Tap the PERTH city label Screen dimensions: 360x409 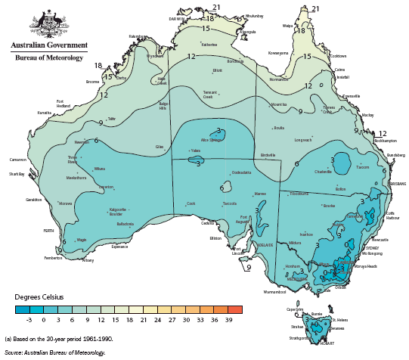pyautogui.click(x=48, y=230)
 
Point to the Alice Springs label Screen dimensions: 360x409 pyautogui.click(x=212, y=140)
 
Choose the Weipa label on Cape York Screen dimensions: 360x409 pyautogui.click(x=287, y=25)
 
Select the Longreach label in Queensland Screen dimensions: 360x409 pyautogui.click(x=303, y=139)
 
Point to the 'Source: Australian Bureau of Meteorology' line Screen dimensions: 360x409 pyautogui.click(x=54, y=352)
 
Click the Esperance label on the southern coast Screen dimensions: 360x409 pyautogui.click(x=119, y=247)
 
